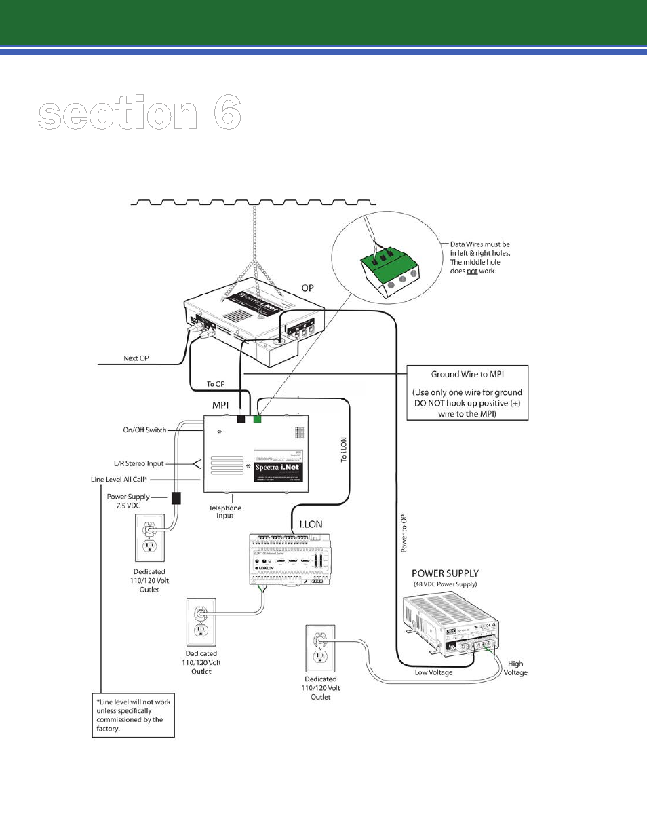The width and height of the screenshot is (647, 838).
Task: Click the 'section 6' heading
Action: click(140, 113)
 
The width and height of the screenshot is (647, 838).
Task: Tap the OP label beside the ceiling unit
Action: click(308, 288)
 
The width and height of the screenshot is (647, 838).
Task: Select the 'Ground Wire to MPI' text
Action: click(467, 374)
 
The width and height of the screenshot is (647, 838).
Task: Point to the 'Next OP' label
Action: click(136, 358)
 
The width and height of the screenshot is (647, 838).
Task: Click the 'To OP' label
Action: click(216, 384)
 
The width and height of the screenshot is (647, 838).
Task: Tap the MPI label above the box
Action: click(220, 405)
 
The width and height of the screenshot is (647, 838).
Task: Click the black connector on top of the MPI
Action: click(241, 419)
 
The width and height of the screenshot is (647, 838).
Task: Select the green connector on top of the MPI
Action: click(257, 419)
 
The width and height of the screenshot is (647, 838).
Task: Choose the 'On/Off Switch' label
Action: click(144, 430)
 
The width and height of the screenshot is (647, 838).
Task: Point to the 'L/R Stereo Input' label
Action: click(139, 463)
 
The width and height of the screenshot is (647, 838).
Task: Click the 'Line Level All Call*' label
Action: click(119, 479)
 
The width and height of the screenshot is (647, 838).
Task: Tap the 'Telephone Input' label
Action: click(225, 512)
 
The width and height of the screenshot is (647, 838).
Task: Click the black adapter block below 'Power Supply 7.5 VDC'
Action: click(176, 498)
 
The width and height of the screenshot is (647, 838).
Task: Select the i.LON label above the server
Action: click(311, 525)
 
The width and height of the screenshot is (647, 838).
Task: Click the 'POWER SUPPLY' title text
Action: click(445, 573)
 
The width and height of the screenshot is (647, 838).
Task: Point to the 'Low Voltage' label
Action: click(433, 672)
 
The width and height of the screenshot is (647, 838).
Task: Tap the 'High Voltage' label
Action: click(515, 668)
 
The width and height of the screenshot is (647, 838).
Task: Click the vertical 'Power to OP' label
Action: click(404, 533)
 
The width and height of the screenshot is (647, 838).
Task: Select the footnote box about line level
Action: click(133, 715)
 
